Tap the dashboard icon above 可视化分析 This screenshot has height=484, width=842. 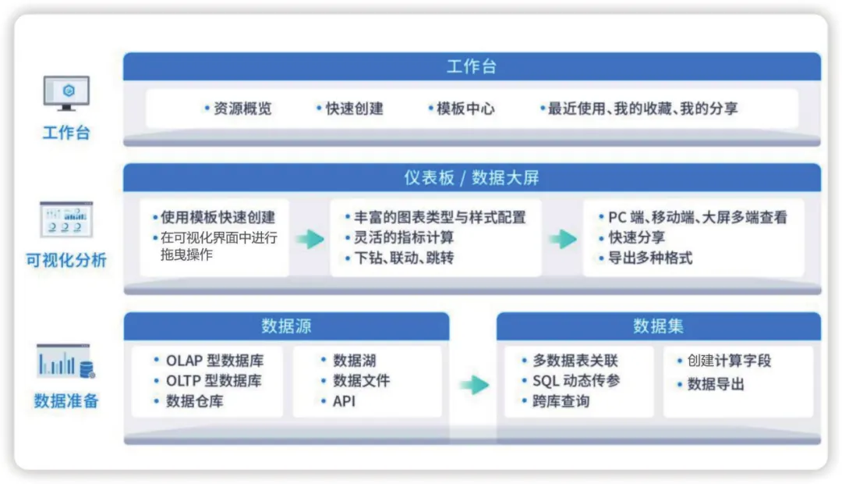pyautogui.click(x=66, y=219)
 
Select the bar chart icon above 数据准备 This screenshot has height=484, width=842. pyautogui.click(x=65, y=361)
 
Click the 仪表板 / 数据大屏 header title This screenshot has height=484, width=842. pyautogui.click(x=471, y=178)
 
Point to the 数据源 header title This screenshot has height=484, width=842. pyautogui.click(x=286, y=326)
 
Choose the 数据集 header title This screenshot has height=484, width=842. pyautogui.click(x=658, y=326)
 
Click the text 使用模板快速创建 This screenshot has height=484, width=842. pyautogui.click(x=218, y=218)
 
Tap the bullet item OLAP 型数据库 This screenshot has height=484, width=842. pyautogui.click(x=213, y=361)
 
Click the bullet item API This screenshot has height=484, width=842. pyautogui.click(x=343, y=401)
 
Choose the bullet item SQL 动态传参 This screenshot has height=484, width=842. pyautogui.click(x=571, y=381)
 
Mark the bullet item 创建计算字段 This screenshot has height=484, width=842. pyautogui.click(x=728, y=361)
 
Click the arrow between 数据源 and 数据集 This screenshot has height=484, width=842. pyautogui.click(x=473, y=384)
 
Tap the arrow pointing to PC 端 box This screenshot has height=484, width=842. pyautogui.click(x=562, y=239)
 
